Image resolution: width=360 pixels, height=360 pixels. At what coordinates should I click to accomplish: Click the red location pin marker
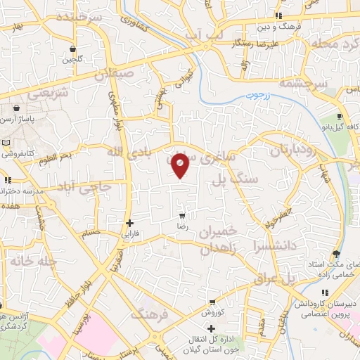pyautogui.click(x=181, y=165)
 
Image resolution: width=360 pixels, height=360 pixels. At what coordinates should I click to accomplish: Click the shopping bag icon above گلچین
pyautogui.click(x=74, y=49)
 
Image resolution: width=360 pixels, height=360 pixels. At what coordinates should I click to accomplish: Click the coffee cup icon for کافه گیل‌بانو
pyautogui.click(x=340, y=117)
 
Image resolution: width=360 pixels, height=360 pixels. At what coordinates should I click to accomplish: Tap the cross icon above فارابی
pyautogui.click(x=129, y=223)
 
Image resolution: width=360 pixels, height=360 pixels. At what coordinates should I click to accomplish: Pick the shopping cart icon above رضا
pyautogui.click(x=182, y=215)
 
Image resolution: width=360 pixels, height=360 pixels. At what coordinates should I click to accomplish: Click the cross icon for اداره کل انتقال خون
pyautogui.click(x=211, y=329)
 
